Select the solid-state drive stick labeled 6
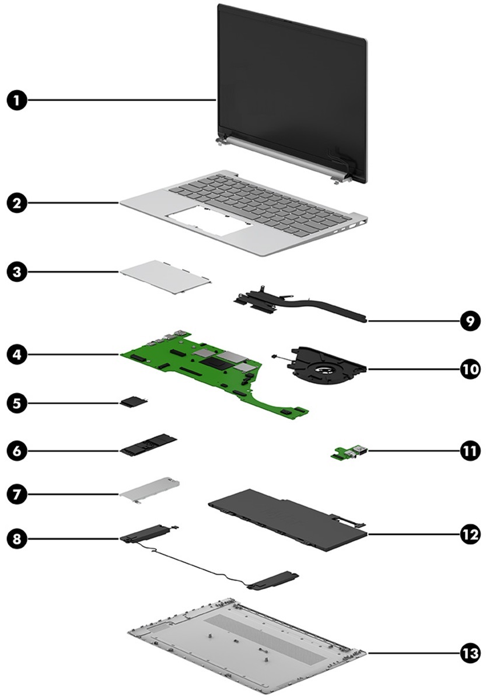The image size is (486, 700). tap(149, 446)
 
